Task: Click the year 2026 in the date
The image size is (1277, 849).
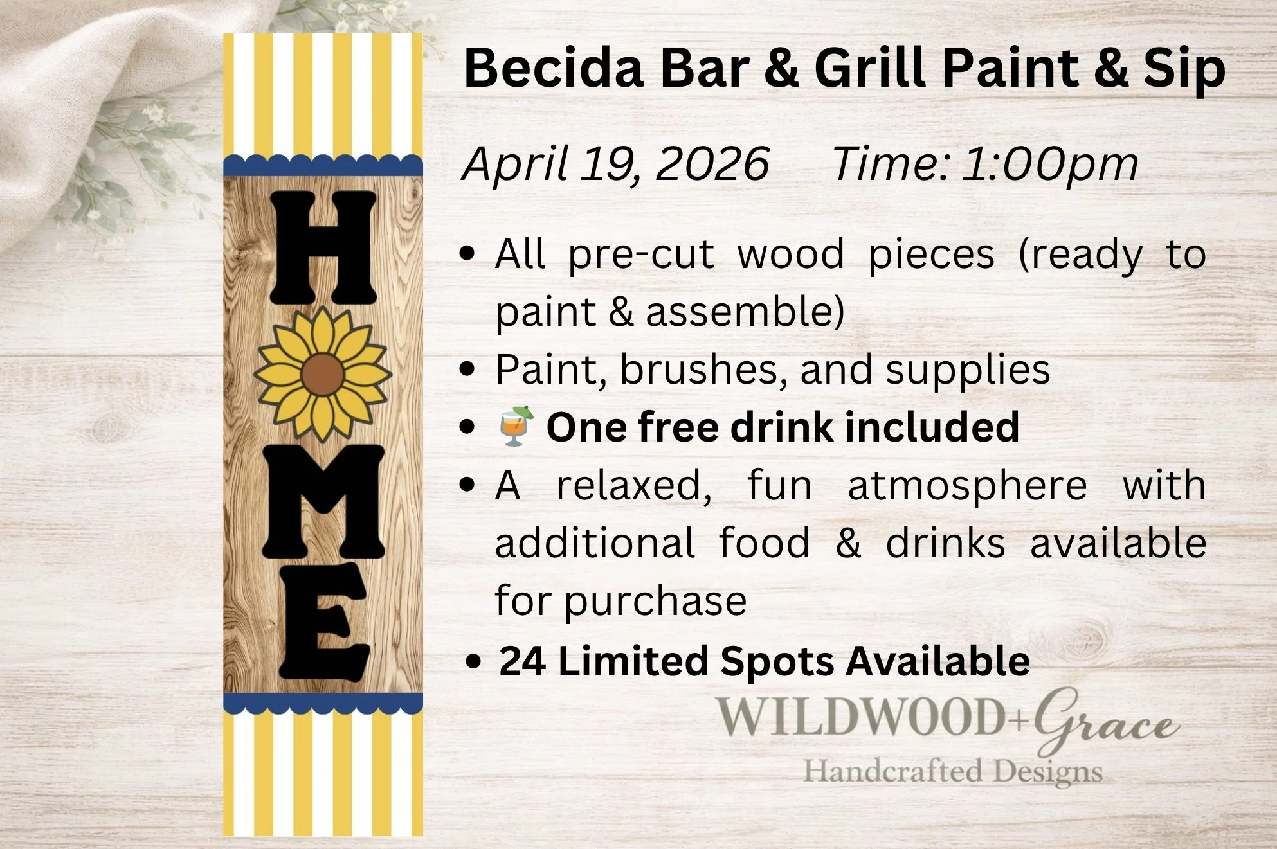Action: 712,164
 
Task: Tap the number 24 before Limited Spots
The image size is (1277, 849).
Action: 522,661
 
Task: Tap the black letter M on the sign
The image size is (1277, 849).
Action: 323,501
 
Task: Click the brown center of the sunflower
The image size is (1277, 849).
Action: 322,375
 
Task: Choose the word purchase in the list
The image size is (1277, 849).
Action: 655,602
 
